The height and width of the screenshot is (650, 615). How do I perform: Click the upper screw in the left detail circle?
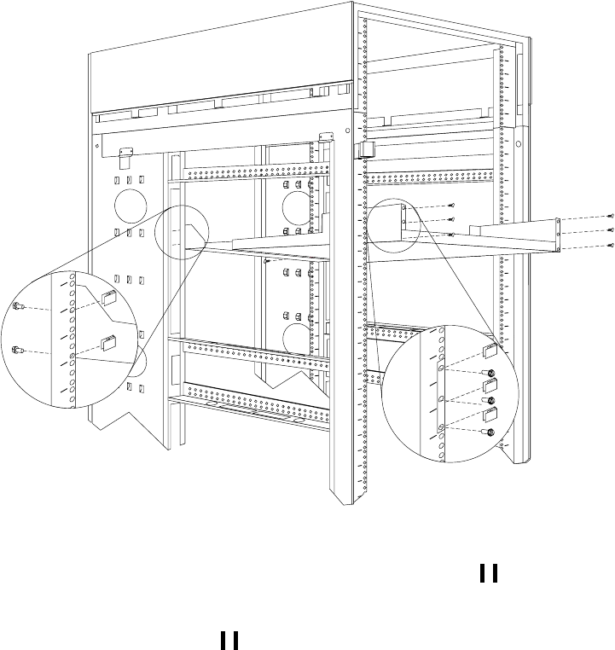(x=18, y=305)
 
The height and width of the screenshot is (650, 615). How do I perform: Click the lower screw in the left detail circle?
(x=18, y=348)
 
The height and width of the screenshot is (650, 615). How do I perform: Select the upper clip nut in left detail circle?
(x=107, y=298)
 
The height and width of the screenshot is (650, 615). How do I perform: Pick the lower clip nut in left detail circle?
(x=107, y=343)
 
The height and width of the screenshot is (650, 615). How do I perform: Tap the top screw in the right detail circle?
(x=492, y=373)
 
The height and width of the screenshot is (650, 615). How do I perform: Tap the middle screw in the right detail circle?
(x=491, y=402)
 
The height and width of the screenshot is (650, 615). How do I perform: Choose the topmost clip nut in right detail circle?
(x=491, y=350)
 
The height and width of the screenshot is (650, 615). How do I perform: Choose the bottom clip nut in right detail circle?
(x=490, y=416)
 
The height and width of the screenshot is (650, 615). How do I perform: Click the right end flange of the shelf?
(x=556, y=235)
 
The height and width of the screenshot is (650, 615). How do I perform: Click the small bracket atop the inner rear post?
(x=324, y=136)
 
